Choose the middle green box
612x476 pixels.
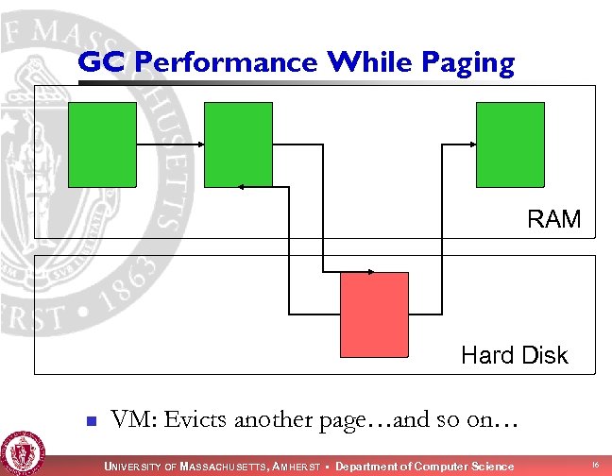(238, 144)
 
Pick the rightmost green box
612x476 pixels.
(510, 144)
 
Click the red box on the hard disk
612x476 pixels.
(374, 312)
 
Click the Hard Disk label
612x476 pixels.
(515, 355)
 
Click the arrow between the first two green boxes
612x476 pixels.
(170, 144)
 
